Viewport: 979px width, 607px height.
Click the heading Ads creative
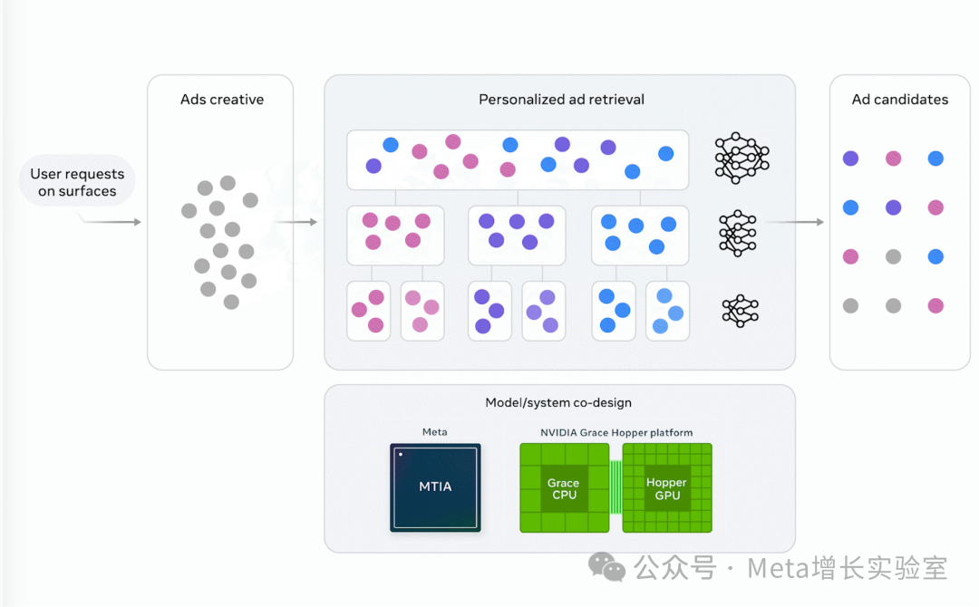tap(221, 100)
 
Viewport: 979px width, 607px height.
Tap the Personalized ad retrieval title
tap(561, 100)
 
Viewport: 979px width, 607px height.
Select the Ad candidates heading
tap(899, 100)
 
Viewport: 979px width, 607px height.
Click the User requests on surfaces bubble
tap(77, 183)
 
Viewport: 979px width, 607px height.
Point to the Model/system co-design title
tap(558, 402)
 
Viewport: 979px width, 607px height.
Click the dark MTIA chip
tap(435, 487)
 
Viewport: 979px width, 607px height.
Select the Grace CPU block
tap(563, 488)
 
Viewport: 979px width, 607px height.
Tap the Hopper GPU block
tap(666, 488)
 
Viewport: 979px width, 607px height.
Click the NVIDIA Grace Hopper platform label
tap(616, 433)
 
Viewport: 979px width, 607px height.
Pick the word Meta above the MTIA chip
tap(435, 432)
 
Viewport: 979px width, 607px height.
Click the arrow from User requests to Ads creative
tap(113, 221)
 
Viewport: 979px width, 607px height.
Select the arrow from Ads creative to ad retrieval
tap(296, 222)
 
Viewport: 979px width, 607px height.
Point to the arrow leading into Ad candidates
tap(798, 222)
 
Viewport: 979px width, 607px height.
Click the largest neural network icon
tap(742, 159)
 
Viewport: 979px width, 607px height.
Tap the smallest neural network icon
tap(740, 310)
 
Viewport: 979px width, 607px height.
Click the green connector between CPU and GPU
tap(616, 487)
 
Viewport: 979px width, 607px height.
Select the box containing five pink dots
tap(395, 235)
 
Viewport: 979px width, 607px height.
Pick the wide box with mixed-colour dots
tap(517, 159)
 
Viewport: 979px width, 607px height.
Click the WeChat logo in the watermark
tap(606, 567)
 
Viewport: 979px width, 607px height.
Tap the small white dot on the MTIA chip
tap(400, 454)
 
